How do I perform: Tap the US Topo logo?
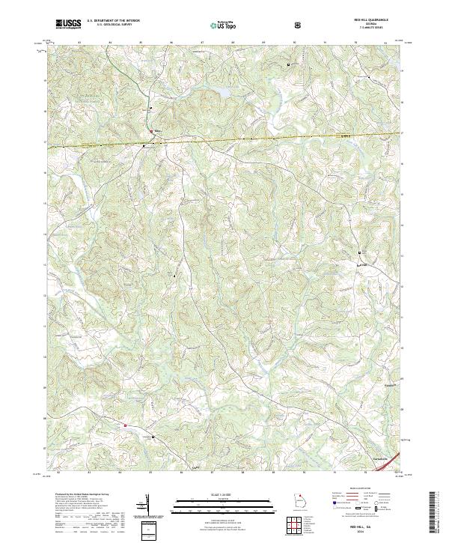tap(216, 25)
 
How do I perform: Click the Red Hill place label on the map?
tap(362, 264)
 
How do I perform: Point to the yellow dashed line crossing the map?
tap(247, 139)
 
